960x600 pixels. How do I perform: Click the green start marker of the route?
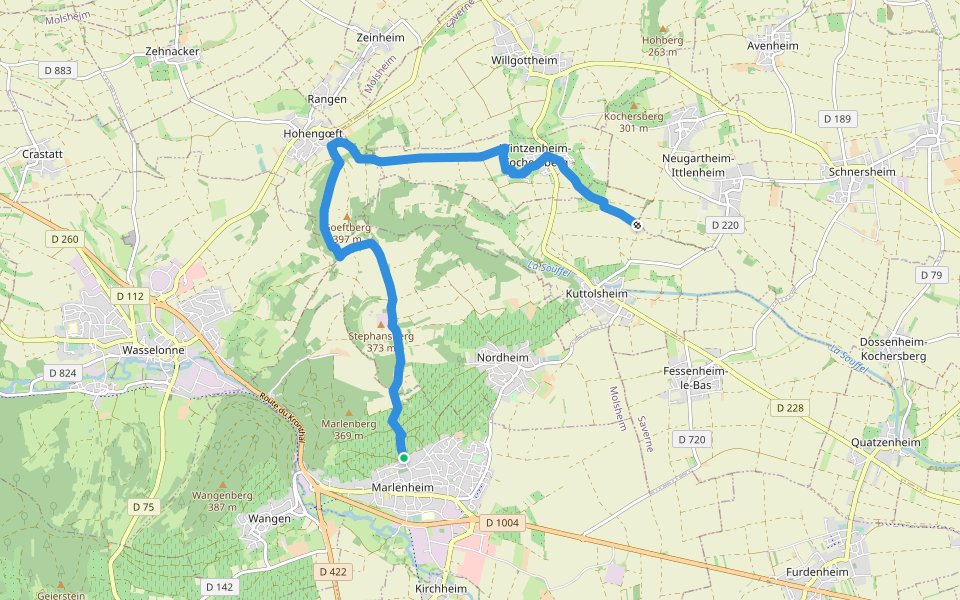(x=404, y=458)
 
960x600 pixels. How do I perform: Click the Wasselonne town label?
(x=150, y=351)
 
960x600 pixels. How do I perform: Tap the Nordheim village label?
(x=503, y=357)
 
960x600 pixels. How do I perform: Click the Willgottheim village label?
(x=524, y=60)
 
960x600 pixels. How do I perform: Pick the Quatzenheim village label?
(x=883, y=442)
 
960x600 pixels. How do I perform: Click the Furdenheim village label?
(x=817, y=571)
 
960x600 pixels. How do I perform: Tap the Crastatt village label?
(x=43, y=155)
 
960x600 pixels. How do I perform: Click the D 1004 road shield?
(x=503, y=523)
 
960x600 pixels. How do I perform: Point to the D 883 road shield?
(x=59, y=70)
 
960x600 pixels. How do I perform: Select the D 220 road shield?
(x=725, y=226)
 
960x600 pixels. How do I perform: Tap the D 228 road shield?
(x=789, y=408)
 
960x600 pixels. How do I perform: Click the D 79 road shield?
(x=930, y=275)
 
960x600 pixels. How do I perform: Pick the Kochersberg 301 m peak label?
(x=634, y=121)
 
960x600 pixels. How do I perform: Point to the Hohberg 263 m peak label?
(x=662, y=46)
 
